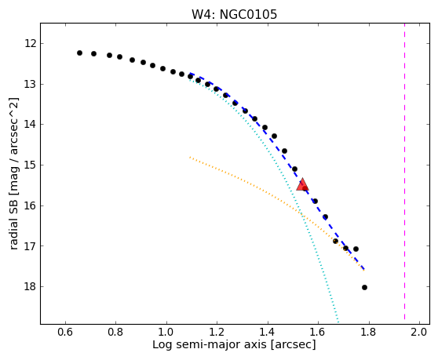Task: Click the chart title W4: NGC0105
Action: [x=234, y=15]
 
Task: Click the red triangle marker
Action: [x=302, y=184]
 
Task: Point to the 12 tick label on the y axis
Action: [x=30, y=44]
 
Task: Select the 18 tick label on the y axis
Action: [x=30, y=286]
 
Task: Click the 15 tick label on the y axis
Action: [x=30, y=165]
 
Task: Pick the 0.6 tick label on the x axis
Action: [x=65, y=332]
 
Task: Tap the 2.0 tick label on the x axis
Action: [x=419, y=332]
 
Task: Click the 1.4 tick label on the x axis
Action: [x=268, y=332]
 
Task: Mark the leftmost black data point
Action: [x=79, y=53]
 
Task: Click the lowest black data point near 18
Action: [x=364, y=287]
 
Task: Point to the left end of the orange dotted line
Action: [x=190, y=157]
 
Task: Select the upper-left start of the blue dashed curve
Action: [x=191, y=74]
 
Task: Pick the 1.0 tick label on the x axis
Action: [x=166, y=332]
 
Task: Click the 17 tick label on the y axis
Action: [x=30, y=246]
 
